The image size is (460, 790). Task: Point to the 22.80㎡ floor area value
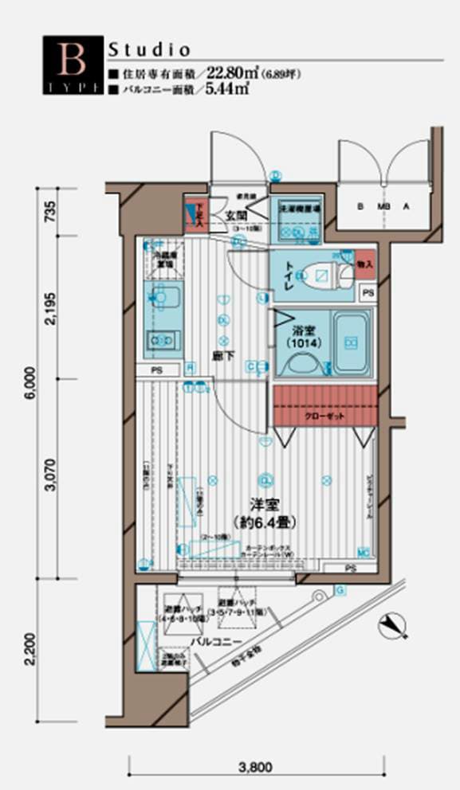231,75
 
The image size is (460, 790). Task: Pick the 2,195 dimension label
49,307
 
